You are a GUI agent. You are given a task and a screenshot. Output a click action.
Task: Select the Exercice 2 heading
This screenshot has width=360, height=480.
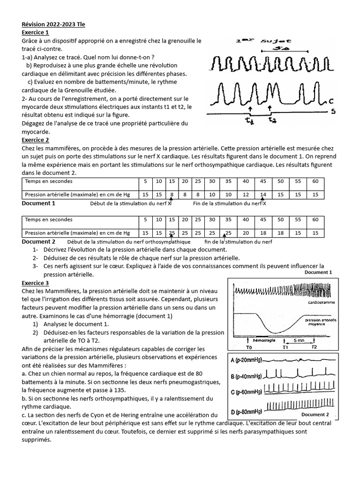pyautogui.click(x=36, y=140)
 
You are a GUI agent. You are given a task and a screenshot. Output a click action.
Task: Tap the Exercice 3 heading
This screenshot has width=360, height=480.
pyautogui.click(x=36, y=283)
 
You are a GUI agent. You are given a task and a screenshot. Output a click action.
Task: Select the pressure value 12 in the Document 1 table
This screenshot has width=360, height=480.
pyautogui.click(x=245, y=194)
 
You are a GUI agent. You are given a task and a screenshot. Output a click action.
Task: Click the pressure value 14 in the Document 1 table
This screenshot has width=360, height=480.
pyautogui.click(x=263, y=194)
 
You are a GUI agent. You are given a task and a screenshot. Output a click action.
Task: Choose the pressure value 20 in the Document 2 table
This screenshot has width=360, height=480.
pyautogui.click(x=245, y=233)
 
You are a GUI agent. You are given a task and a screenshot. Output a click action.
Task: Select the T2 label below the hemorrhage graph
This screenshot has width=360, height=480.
pyautogui.click(x=314, y=347)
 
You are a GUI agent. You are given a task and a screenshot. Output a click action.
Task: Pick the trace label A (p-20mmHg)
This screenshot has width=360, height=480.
pyautogui.click(x=247, y=360)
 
